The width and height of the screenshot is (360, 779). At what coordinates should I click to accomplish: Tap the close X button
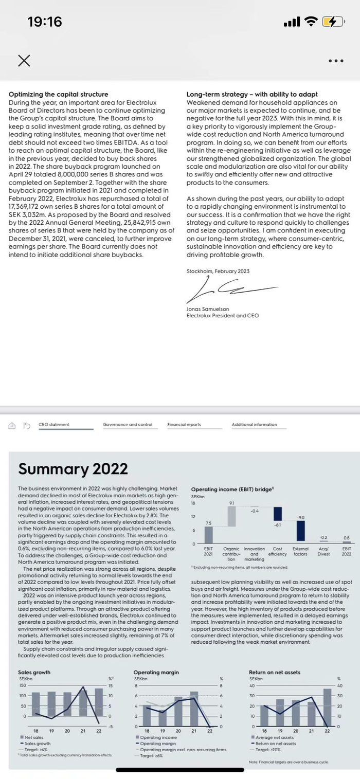[x=23, y=61]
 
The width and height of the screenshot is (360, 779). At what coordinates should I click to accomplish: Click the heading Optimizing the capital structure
[x=58, y=94]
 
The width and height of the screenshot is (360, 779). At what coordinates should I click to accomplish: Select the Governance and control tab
[x=128, y=425]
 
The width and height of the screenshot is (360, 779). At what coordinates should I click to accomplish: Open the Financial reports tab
[x=184, y=425]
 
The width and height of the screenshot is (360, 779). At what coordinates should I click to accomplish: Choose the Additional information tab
[x=254, y=425]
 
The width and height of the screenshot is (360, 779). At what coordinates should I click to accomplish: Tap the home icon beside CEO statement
[x=12, y=425]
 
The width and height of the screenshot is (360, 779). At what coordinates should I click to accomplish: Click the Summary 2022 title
[x=73, y=468]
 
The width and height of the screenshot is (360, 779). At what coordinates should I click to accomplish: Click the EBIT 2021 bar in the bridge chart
[x=208, y=534]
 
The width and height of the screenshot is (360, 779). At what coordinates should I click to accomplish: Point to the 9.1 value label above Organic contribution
[x=231, y=502]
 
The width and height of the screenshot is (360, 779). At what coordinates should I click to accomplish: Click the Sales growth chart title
[x=34, y=672]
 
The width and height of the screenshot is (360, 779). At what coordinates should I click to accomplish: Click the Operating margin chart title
[x=156, y=672]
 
